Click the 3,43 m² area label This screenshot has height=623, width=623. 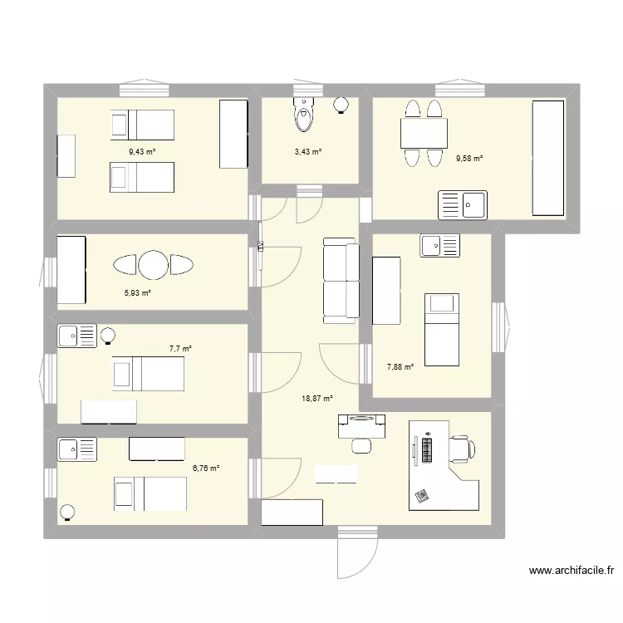click(307, 151)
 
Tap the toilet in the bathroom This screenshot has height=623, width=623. click(304, 115)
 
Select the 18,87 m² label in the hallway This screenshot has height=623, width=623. click(316, 399)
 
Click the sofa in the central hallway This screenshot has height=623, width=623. click(341, 280)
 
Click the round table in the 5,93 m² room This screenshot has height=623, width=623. click(154, 265)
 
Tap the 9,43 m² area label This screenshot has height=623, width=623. click(142, 151)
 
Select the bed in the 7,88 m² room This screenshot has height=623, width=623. click(441, 329)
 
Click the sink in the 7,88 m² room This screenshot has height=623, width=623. click(440, 245)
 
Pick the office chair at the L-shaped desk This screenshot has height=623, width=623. click(461, 449)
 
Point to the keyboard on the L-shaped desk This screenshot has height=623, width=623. click(428, 451)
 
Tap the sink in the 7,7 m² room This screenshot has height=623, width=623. click(76, 336)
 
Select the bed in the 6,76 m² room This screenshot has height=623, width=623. click(150, 494)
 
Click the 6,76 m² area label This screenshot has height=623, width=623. click(206, 468)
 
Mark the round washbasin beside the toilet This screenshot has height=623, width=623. click(341, 105)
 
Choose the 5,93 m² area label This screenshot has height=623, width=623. click(138, 292)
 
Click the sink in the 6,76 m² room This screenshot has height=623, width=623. click(76, 449)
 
